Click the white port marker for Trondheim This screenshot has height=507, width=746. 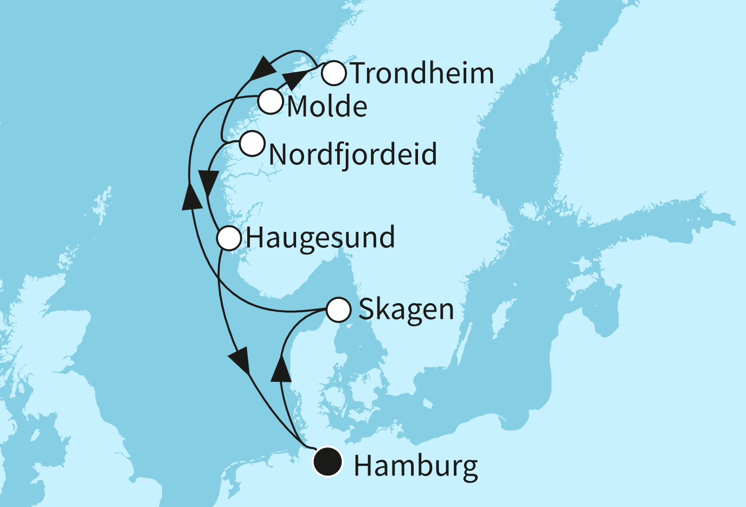click(334, 73)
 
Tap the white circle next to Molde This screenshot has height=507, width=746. click(270, 101)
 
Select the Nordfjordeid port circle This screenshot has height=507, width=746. click(252, 144)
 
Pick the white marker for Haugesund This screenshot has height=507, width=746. click(229, 238)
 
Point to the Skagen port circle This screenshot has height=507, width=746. click(339, 310)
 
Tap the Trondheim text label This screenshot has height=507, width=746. click(422, 73)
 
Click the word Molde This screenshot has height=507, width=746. click(327, 106)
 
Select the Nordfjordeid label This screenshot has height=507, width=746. click(353, 155)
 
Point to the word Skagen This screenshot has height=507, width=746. click(406, 310)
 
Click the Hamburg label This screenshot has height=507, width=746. click(416, 466)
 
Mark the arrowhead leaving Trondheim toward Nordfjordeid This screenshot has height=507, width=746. click(263, 68)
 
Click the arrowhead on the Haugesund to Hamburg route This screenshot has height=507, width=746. click(240, 360)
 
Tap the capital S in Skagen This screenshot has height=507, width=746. click(366, 309)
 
